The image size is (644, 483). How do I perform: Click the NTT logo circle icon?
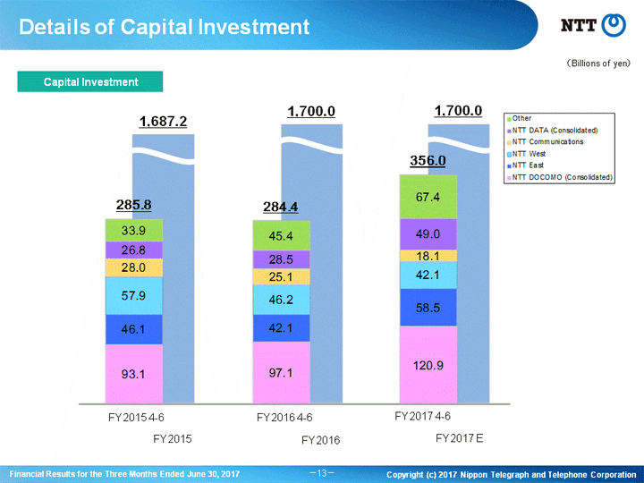[x=614, y=25]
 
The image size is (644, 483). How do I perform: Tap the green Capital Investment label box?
[x=90, y=81]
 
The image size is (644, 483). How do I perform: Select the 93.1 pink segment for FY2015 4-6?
[x=134, y=374]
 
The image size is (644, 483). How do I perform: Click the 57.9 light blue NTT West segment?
[x=134, y=296]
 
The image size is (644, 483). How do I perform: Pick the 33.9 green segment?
[x=134, y=231]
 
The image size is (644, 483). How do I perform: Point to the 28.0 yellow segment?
[x=134, y=267]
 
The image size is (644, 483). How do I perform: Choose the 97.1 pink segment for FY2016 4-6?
[x=282, y=372]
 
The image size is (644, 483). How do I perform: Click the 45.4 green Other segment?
[x=282, y=236]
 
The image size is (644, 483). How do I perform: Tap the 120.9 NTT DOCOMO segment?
[x=428, y=365]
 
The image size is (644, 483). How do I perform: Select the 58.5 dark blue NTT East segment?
[x=428, y=308]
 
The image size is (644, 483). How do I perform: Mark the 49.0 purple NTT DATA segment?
[x=428, y=234]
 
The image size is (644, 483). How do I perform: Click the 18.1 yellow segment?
[x=428, y=256]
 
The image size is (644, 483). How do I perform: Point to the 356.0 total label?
[x=428, y=160]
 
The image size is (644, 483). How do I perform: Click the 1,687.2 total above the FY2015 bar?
[x=163, y=122]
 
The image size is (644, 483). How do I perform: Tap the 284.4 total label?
[x=281, y=207]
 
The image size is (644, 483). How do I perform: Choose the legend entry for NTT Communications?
[x=545, y=141]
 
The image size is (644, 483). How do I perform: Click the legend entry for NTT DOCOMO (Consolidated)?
[x=560, y=177]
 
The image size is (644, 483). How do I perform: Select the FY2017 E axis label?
[x=459, y=438]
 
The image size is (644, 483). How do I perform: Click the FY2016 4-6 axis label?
[x=284, y=418]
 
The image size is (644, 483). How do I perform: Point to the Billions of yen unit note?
[x=598, y=64]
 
